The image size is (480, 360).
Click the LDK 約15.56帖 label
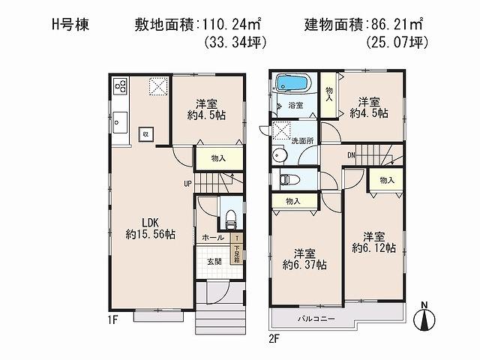(x=151, y=228)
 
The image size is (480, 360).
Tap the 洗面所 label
(x=301, y=140)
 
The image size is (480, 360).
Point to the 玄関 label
(x=214, y=262)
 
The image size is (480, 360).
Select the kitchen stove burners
(x=121, y=86)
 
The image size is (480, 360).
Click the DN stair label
(x=351, y=155)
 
